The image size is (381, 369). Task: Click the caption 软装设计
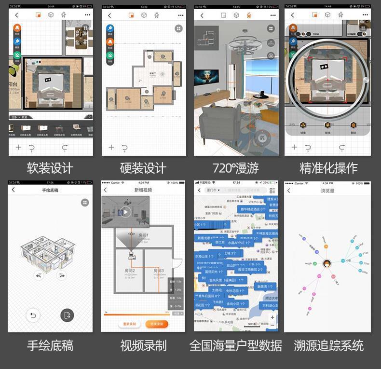pos(50,168)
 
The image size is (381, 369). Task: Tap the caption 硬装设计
pos(143,168)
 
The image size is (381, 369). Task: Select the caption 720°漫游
pos(235,168)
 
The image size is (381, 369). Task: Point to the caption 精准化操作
pos(328,168)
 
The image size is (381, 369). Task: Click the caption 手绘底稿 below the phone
pos(50,345)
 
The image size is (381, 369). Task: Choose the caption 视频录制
pos(143,345)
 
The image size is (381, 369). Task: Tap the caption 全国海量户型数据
pos(235,345)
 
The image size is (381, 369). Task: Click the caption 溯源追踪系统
pos(328,345)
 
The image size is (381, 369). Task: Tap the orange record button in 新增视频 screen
pos(157,323)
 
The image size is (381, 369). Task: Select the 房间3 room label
pos(159,271)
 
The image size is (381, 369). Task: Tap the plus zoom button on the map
pos(272,317)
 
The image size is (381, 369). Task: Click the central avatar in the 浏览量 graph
pos(327,263)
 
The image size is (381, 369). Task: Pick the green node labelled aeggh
pos(314,264)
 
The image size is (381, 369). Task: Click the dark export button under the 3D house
pos(67,315)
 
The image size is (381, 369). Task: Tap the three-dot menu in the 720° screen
pos(272,15)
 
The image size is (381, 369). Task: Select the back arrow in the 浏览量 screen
pos(289,191)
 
